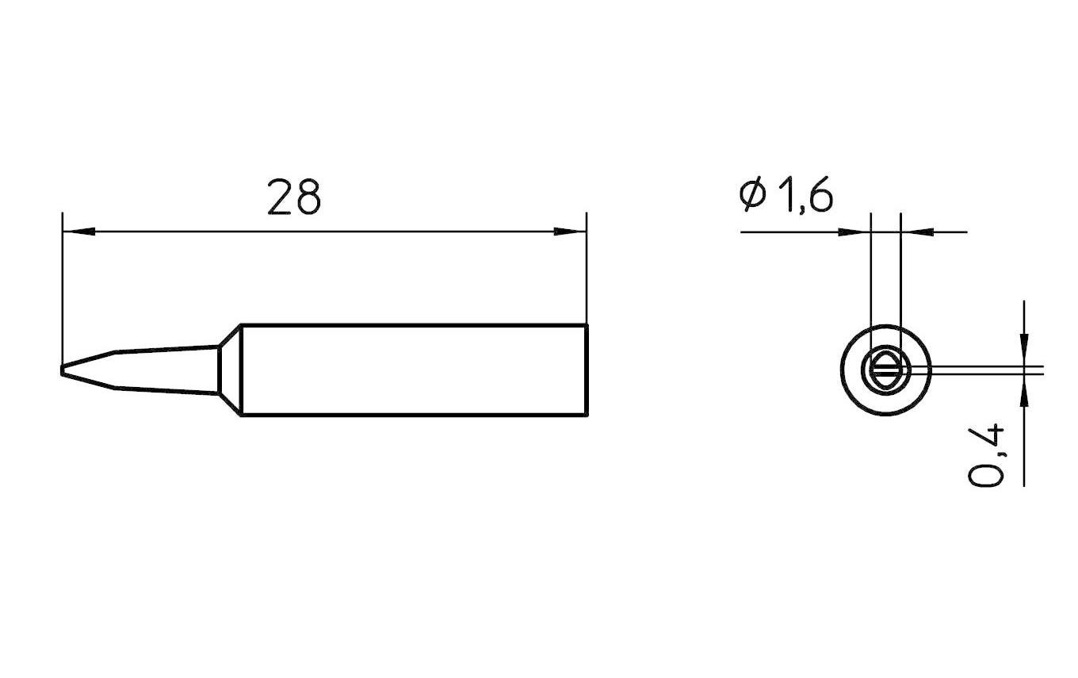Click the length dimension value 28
(x=294, y=197)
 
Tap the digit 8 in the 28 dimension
(x=307, y=197)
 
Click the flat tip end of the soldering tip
(x=62, y=370)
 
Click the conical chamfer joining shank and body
(x=229, y=370)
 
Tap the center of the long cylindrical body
(x=412, y=370)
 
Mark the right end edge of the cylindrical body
(x=586, y=370)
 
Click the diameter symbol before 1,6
(x=752, y=196)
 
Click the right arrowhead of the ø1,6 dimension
(x=916, y=232)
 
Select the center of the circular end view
(x=885, y=370)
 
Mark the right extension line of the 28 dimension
(x=586, y=270)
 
